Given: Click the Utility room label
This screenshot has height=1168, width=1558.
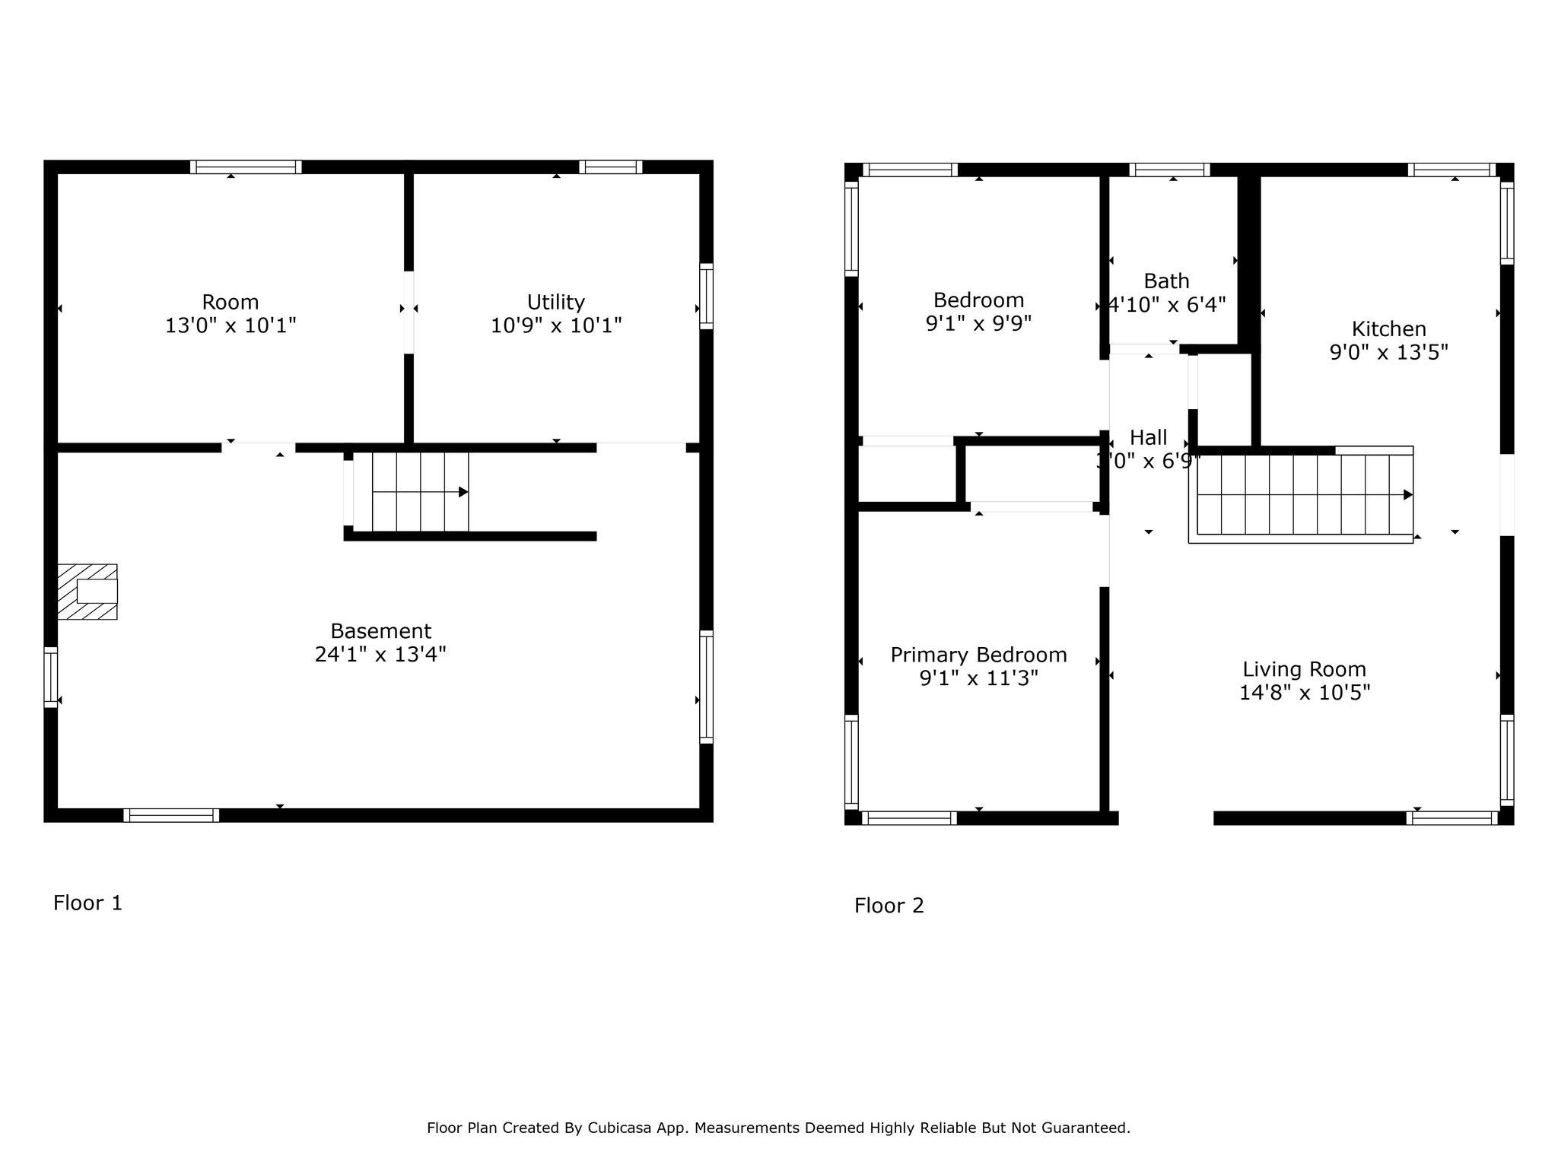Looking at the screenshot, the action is (556, 302).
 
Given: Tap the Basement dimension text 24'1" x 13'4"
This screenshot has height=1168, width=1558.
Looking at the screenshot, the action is (380, 654).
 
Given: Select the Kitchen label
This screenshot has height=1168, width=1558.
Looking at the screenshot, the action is (1388, 328).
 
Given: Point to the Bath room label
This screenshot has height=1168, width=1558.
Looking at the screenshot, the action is (1166, 281).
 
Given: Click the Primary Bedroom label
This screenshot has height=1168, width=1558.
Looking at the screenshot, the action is (978, 655).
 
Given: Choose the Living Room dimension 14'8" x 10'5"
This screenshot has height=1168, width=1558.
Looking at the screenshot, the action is (1305, 692).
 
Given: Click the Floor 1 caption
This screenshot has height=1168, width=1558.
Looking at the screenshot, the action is (87, 903).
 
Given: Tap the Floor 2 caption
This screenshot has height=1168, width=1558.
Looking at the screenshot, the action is (889, 905).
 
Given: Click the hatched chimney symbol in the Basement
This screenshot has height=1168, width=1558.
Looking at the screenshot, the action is (87, 592).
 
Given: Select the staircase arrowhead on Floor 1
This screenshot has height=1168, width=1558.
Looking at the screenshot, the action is (463, 492).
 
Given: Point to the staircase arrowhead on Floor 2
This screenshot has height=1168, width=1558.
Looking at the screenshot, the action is (1408, 494).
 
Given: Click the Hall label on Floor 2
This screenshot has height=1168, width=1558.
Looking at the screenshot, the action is (1149, 437).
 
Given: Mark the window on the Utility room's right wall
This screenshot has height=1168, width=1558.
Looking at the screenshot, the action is (707, 297).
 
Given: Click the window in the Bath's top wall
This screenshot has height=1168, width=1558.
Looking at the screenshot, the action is (1169, 170).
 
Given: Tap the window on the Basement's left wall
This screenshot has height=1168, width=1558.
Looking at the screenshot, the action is (51, 677).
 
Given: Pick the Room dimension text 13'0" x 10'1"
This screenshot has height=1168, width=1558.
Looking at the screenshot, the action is (231, 325).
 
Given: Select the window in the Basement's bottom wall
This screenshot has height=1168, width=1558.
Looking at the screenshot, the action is (171, 815).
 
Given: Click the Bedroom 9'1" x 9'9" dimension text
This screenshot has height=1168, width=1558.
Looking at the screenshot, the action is (978, 323).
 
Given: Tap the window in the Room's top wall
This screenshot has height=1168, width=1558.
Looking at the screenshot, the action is (246, 167).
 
